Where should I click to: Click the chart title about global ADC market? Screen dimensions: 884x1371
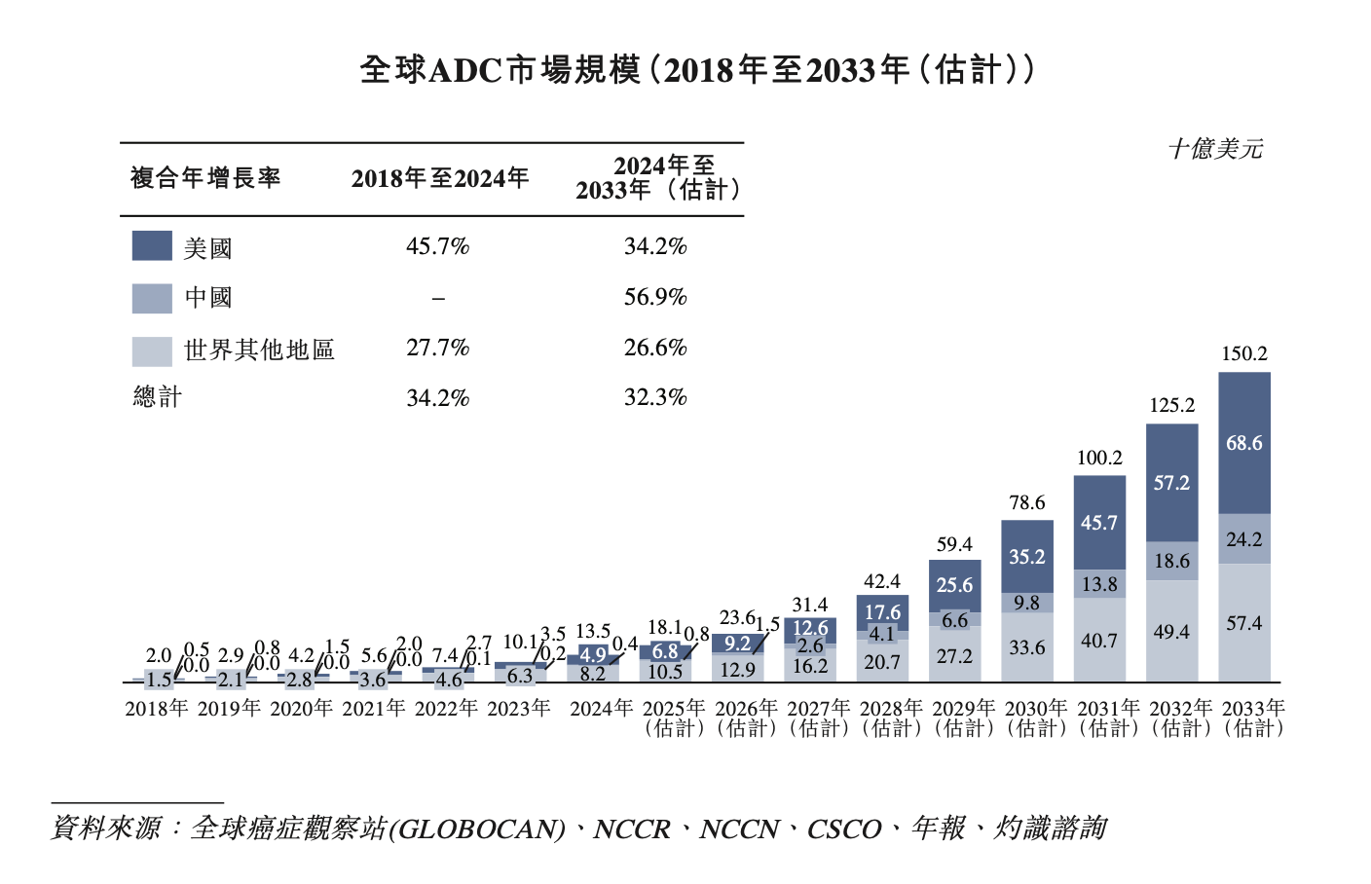tap(696, 70)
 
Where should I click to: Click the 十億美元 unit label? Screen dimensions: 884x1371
tap(1215, 149)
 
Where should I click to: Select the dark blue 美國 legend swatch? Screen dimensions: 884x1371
tap(152, 245)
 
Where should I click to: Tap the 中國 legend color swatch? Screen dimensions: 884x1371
tap(152, 298)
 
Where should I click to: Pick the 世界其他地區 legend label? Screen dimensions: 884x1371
tap(259, 350)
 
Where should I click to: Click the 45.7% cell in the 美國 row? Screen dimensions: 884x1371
tap(437, 246)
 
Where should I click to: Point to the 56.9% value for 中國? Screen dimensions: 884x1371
tap(655, 297)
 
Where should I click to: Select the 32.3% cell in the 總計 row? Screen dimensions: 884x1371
tap(655, 397)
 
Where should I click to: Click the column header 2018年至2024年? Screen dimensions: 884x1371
tap(440, 178)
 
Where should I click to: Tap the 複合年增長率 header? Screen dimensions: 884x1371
tap(205, 178)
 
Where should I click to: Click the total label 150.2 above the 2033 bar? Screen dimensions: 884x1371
tap(1244, 353)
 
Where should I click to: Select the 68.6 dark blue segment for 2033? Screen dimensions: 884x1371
tap(1244, 443)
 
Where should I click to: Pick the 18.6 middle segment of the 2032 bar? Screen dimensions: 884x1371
tap(1171, 561)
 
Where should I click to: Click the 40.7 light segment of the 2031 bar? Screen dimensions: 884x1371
tap(1099, 641)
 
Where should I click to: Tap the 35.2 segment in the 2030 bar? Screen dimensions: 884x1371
tap(1027, 557)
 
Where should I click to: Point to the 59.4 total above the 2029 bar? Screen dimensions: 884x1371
tap(954, 544)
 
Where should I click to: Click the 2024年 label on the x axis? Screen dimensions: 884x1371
tap(601, 709)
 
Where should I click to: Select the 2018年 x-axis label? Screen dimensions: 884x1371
tap(157, 709)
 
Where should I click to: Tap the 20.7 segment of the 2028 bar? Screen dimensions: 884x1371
tap(882, 662)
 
